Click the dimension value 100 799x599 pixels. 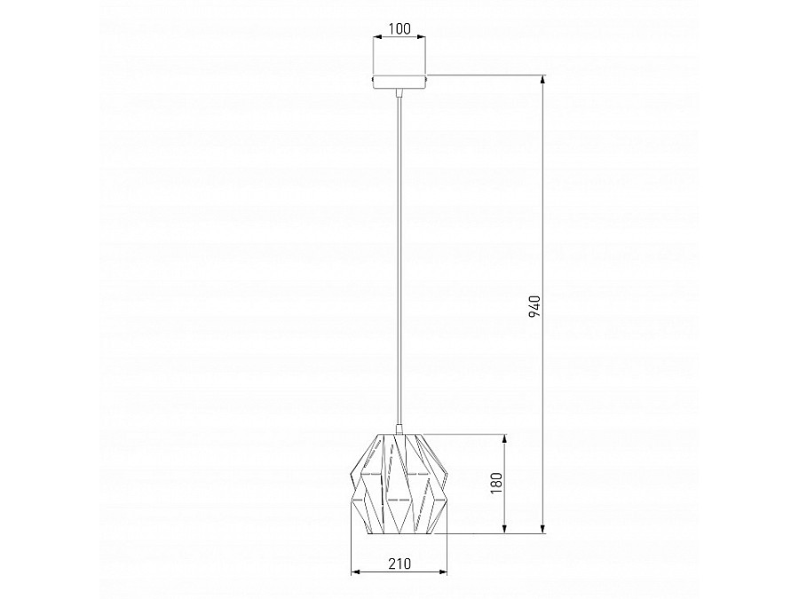tap(399, 28)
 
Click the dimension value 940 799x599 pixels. tap(534, 306)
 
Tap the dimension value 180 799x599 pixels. tap(497, 484)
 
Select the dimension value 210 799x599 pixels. tap(399, 564)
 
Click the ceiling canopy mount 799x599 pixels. tap(399, 81)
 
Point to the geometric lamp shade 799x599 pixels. tap(399, 484)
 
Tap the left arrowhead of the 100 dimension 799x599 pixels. tap(377, 36)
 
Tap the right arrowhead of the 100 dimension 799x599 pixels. tap(422, 36)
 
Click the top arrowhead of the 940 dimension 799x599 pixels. tap(543, 80)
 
